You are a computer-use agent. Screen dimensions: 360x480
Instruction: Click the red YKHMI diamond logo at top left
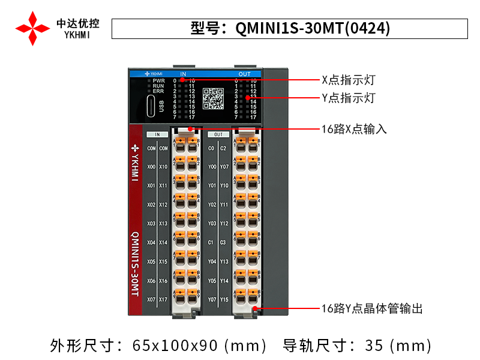[32, 28]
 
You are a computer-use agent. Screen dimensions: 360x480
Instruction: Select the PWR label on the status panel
[158, 80]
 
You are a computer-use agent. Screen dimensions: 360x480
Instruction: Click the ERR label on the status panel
[158, 91]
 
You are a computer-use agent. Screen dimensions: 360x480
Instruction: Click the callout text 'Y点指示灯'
[349, 97]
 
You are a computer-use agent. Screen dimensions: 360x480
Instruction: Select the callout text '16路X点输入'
[355, 128]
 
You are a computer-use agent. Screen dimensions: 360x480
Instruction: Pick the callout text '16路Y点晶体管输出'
[372, 308]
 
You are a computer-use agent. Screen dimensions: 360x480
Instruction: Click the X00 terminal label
[151, 167]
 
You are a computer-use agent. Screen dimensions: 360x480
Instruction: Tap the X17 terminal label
[163, 299]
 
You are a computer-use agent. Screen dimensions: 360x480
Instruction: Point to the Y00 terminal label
[211, 167]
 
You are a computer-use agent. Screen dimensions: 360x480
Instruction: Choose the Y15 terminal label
[224, 299]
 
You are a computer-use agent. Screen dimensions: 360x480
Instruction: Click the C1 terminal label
[211, 242]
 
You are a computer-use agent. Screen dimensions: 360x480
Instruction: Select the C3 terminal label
[224, 242]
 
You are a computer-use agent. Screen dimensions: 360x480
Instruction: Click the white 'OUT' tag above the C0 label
[218, 135]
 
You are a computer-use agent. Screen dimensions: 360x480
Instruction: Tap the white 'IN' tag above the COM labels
[157, 135]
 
